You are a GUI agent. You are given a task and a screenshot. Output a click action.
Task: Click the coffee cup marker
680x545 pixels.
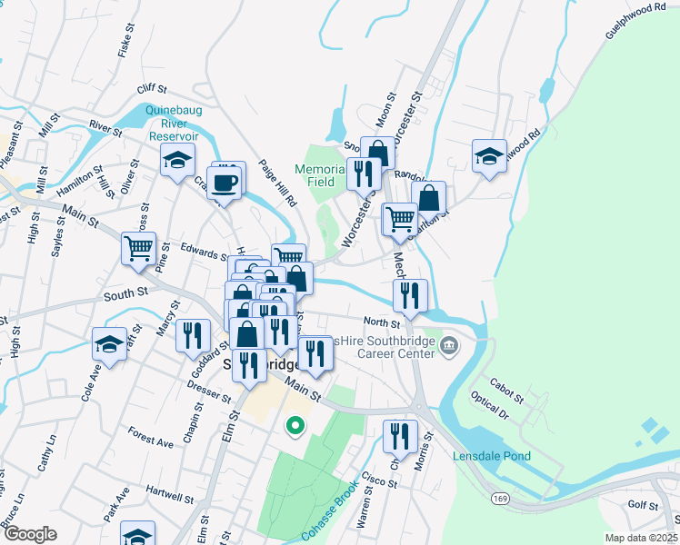click(x=228, y=181)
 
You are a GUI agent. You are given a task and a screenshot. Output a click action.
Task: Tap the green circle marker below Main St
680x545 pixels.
click(x=295, y=424)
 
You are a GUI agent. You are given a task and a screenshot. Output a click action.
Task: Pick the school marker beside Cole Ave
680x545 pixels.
click(x=109, y=345)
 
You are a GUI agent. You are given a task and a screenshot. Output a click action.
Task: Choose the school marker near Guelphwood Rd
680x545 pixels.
click(x=489, y=156)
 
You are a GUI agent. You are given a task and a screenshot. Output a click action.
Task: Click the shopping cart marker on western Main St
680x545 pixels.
click(x=138, y=247)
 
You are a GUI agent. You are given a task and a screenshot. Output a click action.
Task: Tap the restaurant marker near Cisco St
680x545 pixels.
click(x=399, y=437)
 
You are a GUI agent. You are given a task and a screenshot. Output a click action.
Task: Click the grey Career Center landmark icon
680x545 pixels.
click(x=448, y=346)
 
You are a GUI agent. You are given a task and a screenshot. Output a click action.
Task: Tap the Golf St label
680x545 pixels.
click(x=642, y=503)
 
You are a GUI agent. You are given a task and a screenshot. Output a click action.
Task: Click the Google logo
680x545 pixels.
click(x=30, y=534)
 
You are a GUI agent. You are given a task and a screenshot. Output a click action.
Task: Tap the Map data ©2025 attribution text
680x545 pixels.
click(x=640, y=538)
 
